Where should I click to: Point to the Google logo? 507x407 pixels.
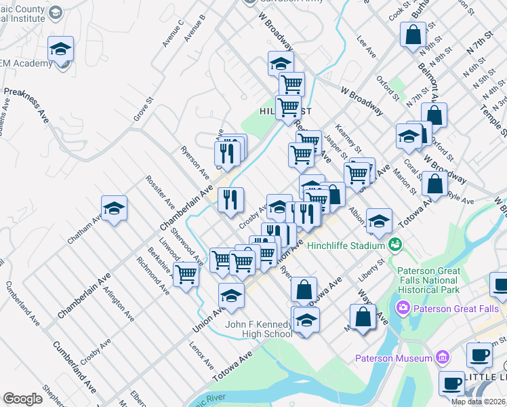click(22, 399)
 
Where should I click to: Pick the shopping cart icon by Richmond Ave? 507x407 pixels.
click(186, 275)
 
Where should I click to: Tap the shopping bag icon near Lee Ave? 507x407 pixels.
click(413, 34)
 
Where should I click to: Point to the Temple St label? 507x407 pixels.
click(497, 111)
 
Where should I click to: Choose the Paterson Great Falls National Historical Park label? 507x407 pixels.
click(425, 280)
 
